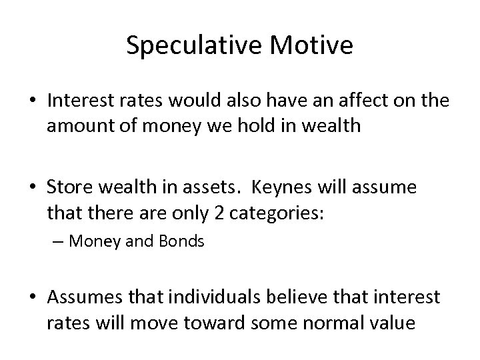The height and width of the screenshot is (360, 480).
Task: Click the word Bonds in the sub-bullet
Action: [181, 241]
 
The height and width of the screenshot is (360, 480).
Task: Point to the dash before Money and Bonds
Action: [59, 241]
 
